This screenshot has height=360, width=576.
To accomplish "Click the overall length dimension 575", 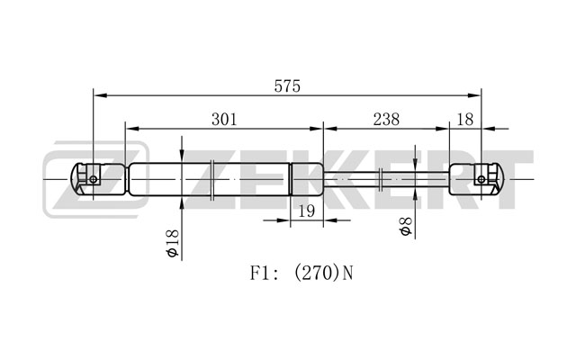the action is pyautogui.click(x=287, y=86).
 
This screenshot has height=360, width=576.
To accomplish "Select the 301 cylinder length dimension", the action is pyautogui.click(x=224, y=120).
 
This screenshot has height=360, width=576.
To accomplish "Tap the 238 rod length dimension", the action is pyautogui.click(x=386, y=120).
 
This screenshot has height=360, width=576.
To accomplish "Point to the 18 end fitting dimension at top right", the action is pyautogui.click(x=465, y=120).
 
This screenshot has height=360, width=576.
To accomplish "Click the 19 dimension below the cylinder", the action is pyautogui.click(x=306, y=211).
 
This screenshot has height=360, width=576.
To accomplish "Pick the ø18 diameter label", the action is pyautogui.click(x=172, y=243).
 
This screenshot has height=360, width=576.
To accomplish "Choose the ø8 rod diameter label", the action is pyautogui.click(x=406, y=226).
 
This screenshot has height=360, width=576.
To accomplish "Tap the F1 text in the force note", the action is pyautogui.click(x=260, y=274).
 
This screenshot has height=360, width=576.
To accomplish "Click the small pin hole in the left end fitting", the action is pyautogui.click(x=94, y=179).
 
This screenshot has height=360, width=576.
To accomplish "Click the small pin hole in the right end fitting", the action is pyautogui.click(x=481, y=179).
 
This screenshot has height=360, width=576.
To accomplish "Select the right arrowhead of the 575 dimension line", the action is pyautogui.click(x=474, y=95).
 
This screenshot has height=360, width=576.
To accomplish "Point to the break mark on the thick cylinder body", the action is pyautogui.click(x=212, y=180).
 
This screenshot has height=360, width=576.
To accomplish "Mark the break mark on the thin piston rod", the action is pyautogui.click(x=381, y=180).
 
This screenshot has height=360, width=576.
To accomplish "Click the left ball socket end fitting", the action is pyautogui.click(x=98, y=179).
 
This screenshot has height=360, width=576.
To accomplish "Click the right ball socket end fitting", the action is pyautogui.click(x=477, y=179).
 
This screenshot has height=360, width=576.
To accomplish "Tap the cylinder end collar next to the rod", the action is pyautogui.click(x=307, y=179).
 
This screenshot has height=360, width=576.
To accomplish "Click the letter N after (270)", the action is pyautogui.click(x=347, y=274).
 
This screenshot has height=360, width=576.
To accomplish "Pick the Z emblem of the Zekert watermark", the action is pyautogui.click(x=96, y=179).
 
